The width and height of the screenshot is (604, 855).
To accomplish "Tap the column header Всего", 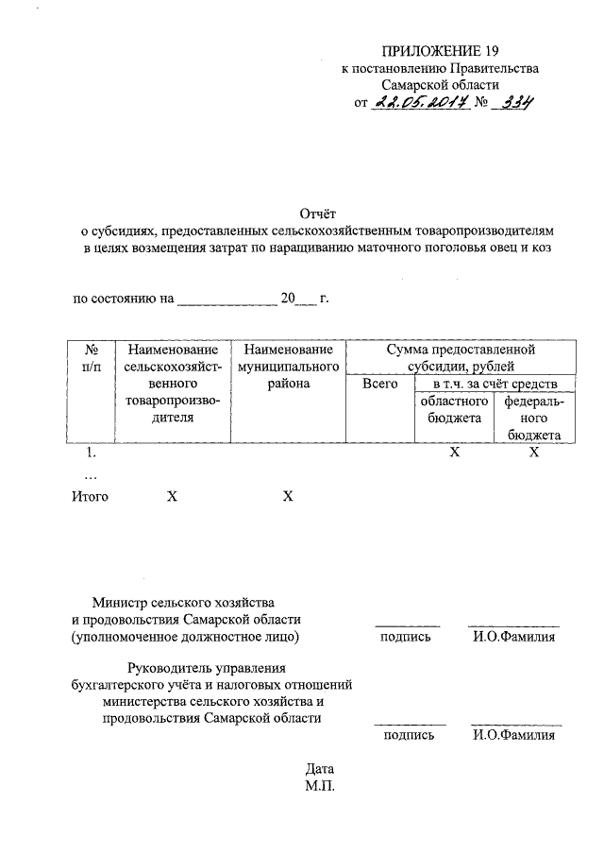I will coord(379,385).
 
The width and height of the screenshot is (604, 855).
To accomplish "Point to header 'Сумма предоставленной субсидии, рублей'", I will coord(460,358).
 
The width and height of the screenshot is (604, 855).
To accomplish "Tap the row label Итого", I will coord(91,496).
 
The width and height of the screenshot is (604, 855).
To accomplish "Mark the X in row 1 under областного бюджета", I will coord(454,453).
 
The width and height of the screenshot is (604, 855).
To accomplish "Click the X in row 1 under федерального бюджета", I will coord(534,453).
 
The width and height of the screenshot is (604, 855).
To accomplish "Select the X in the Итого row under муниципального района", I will coord(288,496).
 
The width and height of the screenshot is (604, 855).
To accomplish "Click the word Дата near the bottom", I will coord(320,768).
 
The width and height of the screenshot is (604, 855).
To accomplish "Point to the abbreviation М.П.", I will coord(320,785).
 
